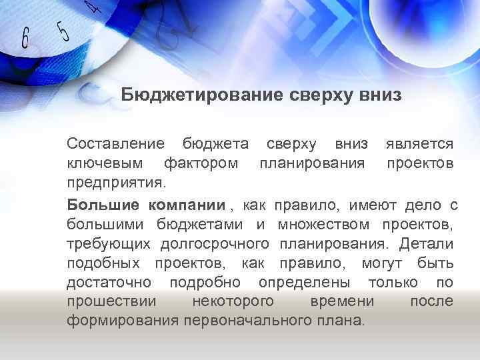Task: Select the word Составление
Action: point(115,143)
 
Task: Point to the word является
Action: point(420,143)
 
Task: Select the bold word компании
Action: point(187,203)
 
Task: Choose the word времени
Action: point(342,301)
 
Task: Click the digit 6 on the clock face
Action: point(25,38)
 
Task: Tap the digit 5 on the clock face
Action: point(63,29)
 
